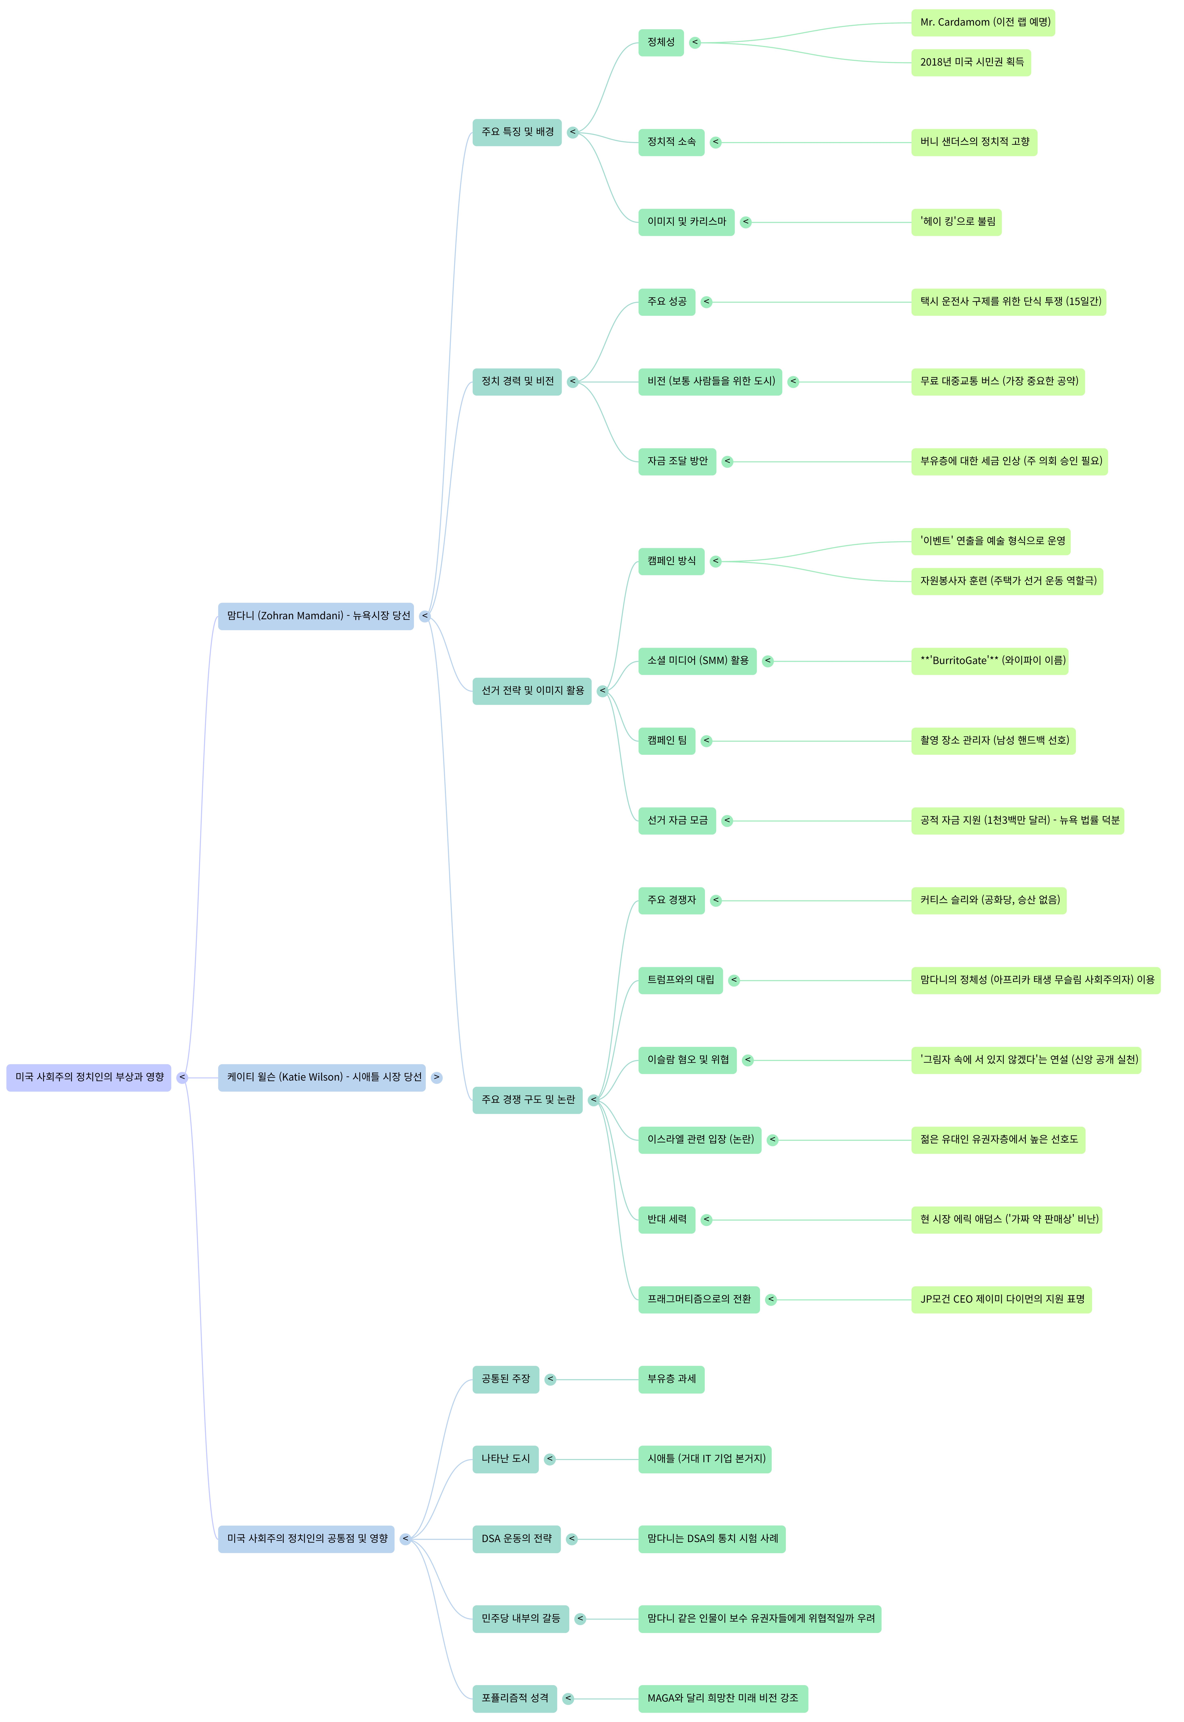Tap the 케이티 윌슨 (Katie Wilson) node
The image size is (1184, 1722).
[321, 1077]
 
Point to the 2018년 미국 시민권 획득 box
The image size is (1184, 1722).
[970, 62]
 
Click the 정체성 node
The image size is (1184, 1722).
[660, 42]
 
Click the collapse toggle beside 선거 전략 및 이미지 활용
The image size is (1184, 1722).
[602, 691]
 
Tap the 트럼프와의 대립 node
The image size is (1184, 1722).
[680, 980]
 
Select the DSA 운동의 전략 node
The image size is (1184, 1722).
[516, 1539]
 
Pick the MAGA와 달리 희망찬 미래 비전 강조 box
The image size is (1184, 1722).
[723, 1698]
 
